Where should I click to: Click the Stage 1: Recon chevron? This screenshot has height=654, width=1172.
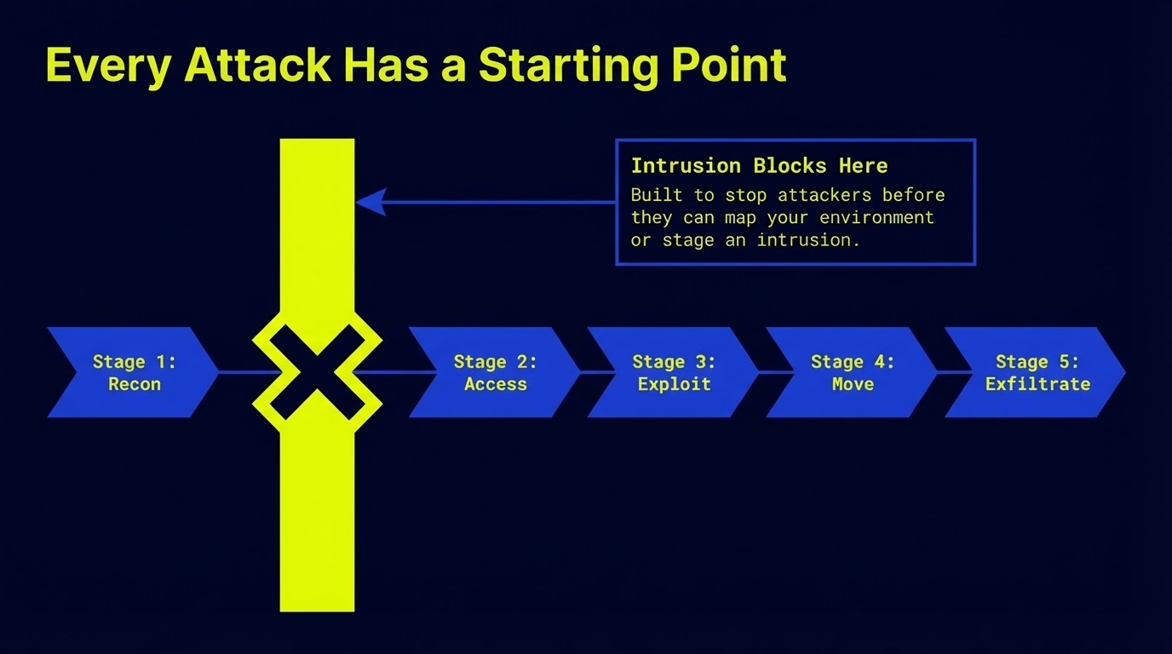pyautogui.click(x=132, y=373)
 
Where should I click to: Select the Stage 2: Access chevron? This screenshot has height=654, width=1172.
pyautogui.click(x=494, y=373)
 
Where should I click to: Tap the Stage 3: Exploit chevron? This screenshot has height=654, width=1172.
pyautogui.click(x=673, y=373)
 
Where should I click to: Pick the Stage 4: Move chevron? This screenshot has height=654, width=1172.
pyautogui.click(x=852, y=373)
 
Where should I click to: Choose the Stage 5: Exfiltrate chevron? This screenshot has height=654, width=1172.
pyautogui.click(x=1036, y=373)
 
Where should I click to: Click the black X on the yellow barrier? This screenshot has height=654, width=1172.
pyautogui.click(x=317, y=373)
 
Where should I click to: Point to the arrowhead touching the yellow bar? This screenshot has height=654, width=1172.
pyautogui.click(x=371, y=203)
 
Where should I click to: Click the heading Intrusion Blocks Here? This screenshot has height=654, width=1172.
pyautogui.click(x=759, y=165)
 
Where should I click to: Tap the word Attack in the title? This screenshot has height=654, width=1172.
pyautogui.click(x=256, y=65)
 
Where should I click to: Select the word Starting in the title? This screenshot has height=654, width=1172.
pyautogui.click(x=561, y=65)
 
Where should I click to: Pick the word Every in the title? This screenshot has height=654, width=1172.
pyautogui.click(x=107, y=65)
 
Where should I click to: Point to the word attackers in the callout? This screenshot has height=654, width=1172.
pyautogui.click(x=824, y=195)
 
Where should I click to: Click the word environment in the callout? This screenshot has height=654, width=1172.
pyautogui.click(x=876, y=217)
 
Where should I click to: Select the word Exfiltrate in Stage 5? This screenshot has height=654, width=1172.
pyautogui.click(x=1037, y=384)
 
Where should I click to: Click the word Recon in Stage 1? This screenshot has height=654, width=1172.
pyautogui.click(x=135, y=384)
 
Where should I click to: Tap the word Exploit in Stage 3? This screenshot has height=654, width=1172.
pyautogui.click(x=674, y=384)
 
